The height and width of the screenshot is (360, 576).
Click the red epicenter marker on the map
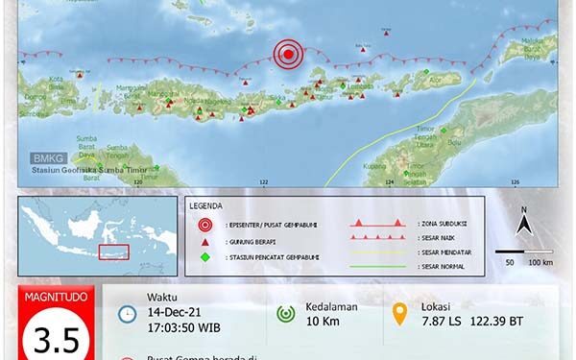tap(287, 55)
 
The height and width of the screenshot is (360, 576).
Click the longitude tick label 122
tap(263, 180)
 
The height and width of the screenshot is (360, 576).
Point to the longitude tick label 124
tap(389, 180)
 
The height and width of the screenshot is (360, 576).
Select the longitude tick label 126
tap(515, 180)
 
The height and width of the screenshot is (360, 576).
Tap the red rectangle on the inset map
tap(113, 252)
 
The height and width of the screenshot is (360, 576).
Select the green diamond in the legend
tap(203, 256)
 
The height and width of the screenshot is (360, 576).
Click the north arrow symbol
tap(524, 224)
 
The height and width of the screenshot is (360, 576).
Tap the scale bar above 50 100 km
tap(524, 252)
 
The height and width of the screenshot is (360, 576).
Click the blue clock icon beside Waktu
tap(127, 314)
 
